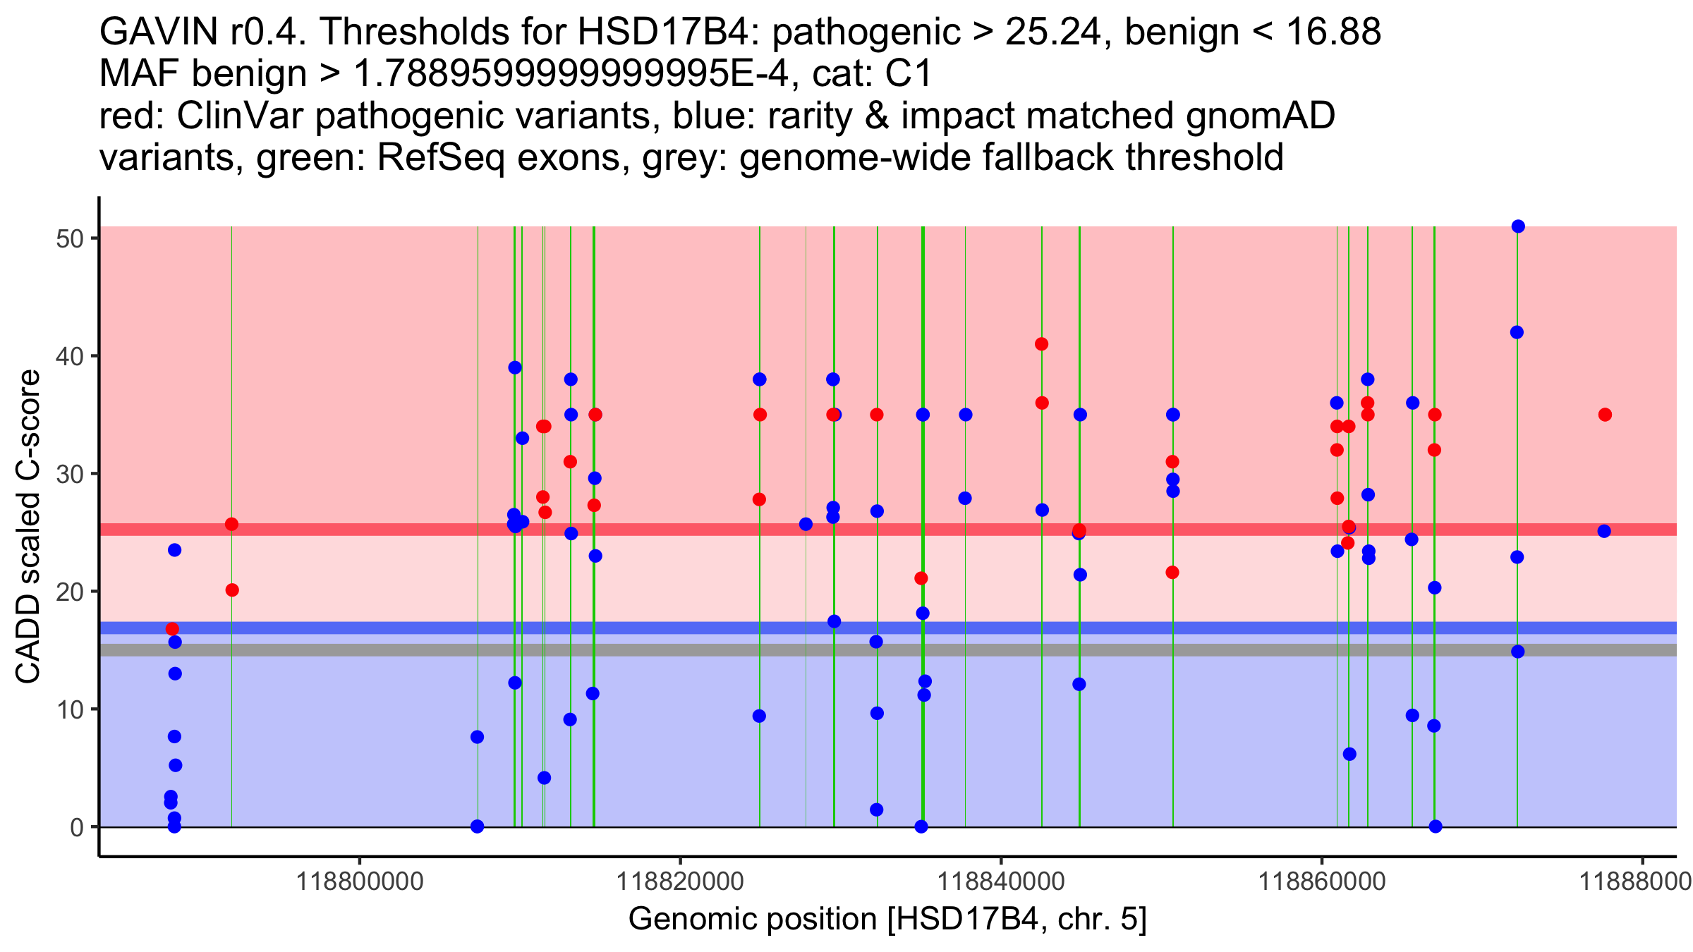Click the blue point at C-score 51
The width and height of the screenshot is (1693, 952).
tap(1518, 226)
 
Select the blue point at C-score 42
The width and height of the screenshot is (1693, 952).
tap(1517, 332)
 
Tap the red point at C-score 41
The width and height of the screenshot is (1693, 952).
tap(1041, 344)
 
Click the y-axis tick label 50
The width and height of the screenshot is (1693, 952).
tap(69, 238)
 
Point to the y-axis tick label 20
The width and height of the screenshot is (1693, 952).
tap(69, 591)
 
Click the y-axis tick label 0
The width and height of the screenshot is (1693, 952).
tap(77, 826)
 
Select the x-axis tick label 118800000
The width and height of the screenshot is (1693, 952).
tap(360, 881)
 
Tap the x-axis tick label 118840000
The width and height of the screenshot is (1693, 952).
tap(1000, 881)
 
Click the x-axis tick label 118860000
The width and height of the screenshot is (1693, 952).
tap(1321, 881)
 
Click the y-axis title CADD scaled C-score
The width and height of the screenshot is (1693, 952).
tap(28, 526)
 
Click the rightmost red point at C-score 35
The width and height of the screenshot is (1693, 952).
tap(1605, 415)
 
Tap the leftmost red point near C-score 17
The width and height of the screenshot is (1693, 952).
tap(172, 629)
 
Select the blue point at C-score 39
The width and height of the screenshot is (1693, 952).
tap(515, 367)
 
